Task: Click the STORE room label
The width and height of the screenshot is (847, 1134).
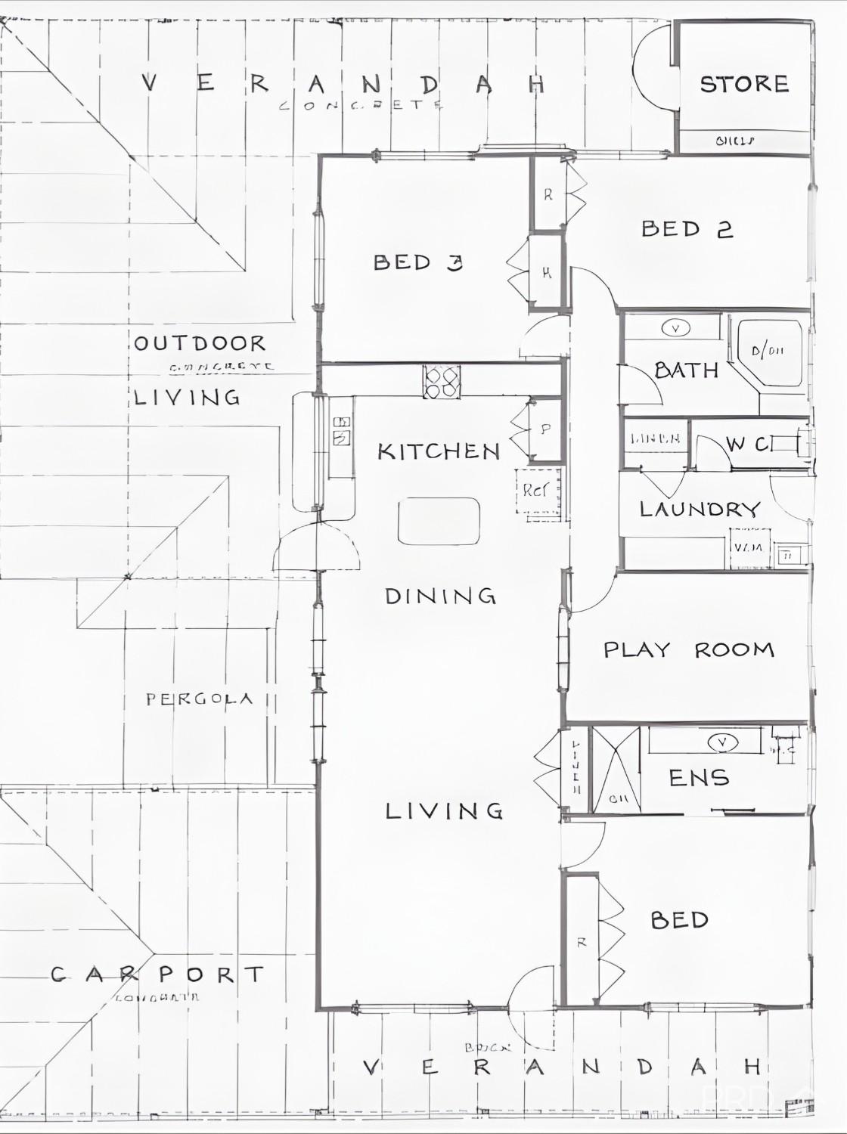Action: coord(744,84)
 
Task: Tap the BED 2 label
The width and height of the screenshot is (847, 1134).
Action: coord(687,228)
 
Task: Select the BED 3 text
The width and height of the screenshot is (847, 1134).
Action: coord(417,262)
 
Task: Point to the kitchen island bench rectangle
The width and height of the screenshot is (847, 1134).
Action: coord(439,521)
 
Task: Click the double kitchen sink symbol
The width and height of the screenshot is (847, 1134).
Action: coord(341,430)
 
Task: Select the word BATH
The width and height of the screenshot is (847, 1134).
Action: coord(686,370)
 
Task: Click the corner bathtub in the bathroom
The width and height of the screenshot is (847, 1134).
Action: coord(770,352)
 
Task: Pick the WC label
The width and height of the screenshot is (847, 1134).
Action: coord(749,444)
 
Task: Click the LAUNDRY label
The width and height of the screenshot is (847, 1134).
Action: coord(700,509)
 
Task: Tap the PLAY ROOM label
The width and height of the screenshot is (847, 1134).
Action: coord(688,649)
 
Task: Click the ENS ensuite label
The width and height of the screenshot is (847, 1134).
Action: coord(699,777)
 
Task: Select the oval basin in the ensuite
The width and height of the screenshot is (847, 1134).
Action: coord(722,742)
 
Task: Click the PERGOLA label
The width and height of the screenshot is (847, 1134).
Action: coord(199,699)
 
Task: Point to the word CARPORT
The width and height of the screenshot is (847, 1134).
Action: coord(158,974)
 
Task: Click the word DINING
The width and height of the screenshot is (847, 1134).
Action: coord(440,596)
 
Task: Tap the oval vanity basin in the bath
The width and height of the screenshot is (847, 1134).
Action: coord(675,328)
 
